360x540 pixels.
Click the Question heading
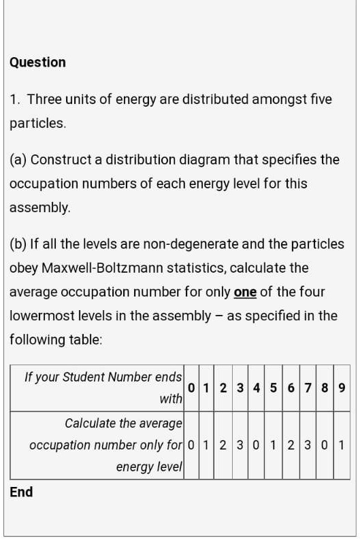pos(37,62)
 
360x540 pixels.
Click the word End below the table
pos(21,492)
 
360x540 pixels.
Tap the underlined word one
pos(244,292)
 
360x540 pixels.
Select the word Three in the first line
pos(45,99)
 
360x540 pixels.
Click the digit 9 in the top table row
pos(342,388)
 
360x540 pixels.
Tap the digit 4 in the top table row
pos(255,388)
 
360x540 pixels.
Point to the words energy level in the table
pos(150,467)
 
